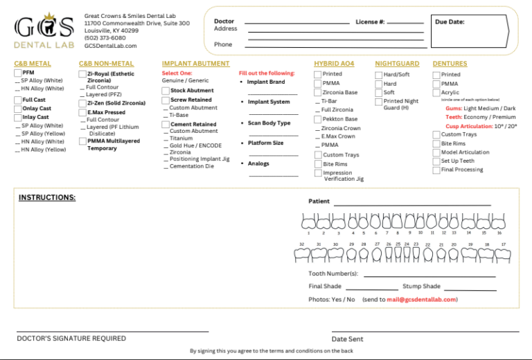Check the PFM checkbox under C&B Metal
(18, 73)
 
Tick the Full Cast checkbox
(18, 100)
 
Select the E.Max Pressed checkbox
(83, 113)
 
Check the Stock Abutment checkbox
(166, 91)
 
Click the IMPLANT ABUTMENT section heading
(195, 64)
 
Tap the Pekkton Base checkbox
(318, 120)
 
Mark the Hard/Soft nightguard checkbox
(379, 75)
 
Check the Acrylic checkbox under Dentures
(436, 93)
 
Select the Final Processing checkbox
(436, 170)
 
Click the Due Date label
(450, 22)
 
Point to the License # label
(370, 22)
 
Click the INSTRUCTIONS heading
(47, 198)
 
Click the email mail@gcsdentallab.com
(422, 300)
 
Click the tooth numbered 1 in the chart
(308, 222)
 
